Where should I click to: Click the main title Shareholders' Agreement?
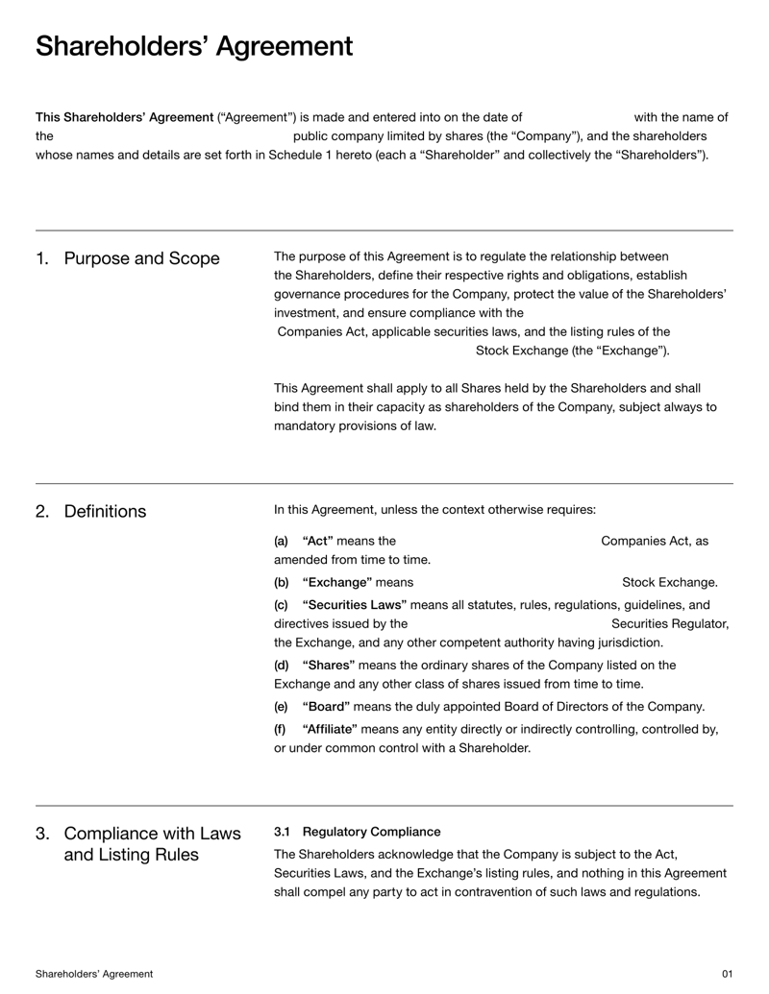(x=193, y=46)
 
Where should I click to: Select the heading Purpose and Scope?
(x=141, y=258)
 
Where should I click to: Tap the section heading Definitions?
(x=105, y=511)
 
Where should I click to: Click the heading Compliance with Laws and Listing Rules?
(x=152, y=843)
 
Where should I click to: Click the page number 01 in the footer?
(x=727, y=974)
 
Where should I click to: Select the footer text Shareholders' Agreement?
(x=94, y=974)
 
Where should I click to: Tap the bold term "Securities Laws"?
(x=355, y=604)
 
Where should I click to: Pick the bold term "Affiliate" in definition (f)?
(x=334, y=729)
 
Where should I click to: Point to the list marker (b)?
(x=282, y=582)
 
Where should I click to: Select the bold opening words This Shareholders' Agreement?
(x=124, y=117)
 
